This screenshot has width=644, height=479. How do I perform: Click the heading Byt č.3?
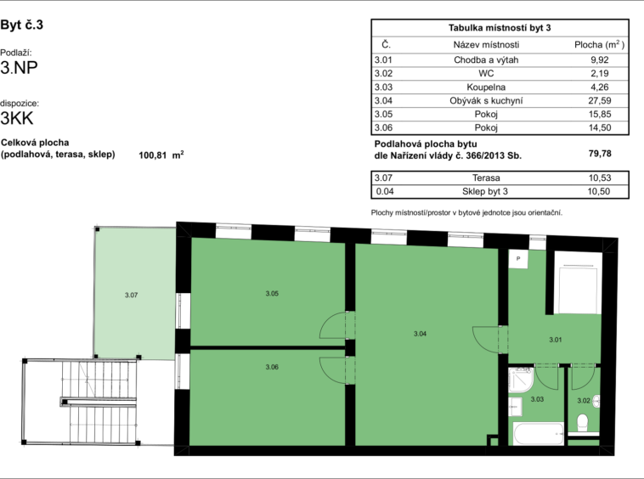tap(22, 25)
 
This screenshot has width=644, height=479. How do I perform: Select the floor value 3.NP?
tap(19, 68)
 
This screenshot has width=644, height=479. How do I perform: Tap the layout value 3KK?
tap(17, 118)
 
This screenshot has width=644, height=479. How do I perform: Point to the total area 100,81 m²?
tap(161, 155)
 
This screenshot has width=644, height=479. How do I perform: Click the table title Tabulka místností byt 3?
tap(500, 28)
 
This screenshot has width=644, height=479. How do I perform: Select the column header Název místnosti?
tap(486, 45)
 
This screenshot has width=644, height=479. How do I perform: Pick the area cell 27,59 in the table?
tap(600, 100)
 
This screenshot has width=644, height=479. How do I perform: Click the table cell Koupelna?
tap(486, 87)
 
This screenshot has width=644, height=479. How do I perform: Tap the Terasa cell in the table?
tap(486, 178)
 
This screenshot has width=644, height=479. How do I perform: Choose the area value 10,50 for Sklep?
tap(599, 191)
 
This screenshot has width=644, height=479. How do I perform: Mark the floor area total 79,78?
tap(600, 154)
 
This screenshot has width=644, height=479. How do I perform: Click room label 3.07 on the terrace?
tap(132, 295)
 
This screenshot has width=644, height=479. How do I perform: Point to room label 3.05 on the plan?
tap(272, 294)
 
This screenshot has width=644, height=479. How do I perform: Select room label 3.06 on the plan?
tap(272, 367)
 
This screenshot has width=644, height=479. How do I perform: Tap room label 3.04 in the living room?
tap(420, 334)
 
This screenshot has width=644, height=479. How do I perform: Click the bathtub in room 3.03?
tap(539, 433)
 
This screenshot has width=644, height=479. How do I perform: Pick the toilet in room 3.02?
tap(582, 422)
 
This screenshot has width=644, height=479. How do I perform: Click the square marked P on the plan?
tap(518, 258)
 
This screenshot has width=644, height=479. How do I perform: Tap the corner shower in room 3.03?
tap(520, 379)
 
